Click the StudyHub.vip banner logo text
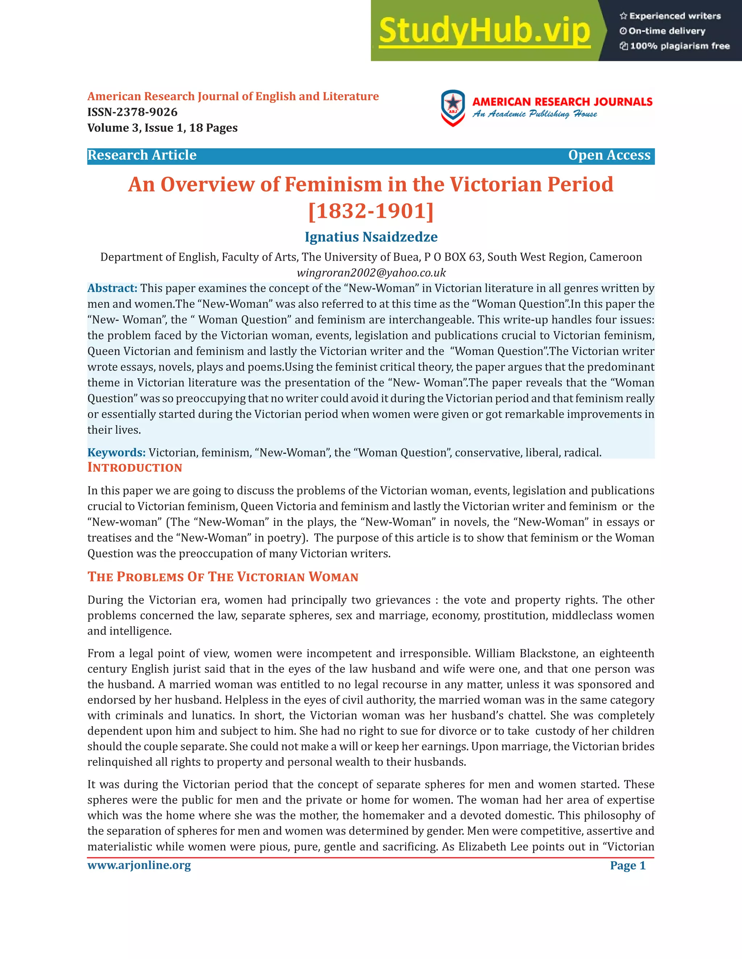point(484,31)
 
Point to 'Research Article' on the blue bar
point(142,156)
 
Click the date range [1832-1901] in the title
point(371,211)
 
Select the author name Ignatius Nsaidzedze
point(371,237)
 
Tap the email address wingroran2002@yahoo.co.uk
point(371,273)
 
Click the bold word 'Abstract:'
point(112,288)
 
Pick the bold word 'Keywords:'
point(116,453)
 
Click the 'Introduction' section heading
point(134,468)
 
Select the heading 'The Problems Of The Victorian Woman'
point(223,577)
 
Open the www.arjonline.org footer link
point(139,866)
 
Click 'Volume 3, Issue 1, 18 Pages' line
point(162,128)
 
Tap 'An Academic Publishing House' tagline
point(534,114)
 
